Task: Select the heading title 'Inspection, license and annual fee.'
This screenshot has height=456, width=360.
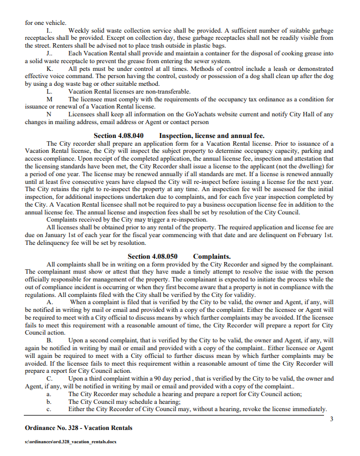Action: pos(212,136)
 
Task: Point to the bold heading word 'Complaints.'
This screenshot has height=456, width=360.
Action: pos(212,257)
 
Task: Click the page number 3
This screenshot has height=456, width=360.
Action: pos(331,419)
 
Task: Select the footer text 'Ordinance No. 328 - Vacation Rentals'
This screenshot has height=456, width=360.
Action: pos(79,428)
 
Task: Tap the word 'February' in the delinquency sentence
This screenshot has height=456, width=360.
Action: pos(308,235)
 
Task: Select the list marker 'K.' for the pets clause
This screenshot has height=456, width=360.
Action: pos(49,68)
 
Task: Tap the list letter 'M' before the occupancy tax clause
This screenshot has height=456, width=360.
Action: pos(49,99)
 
